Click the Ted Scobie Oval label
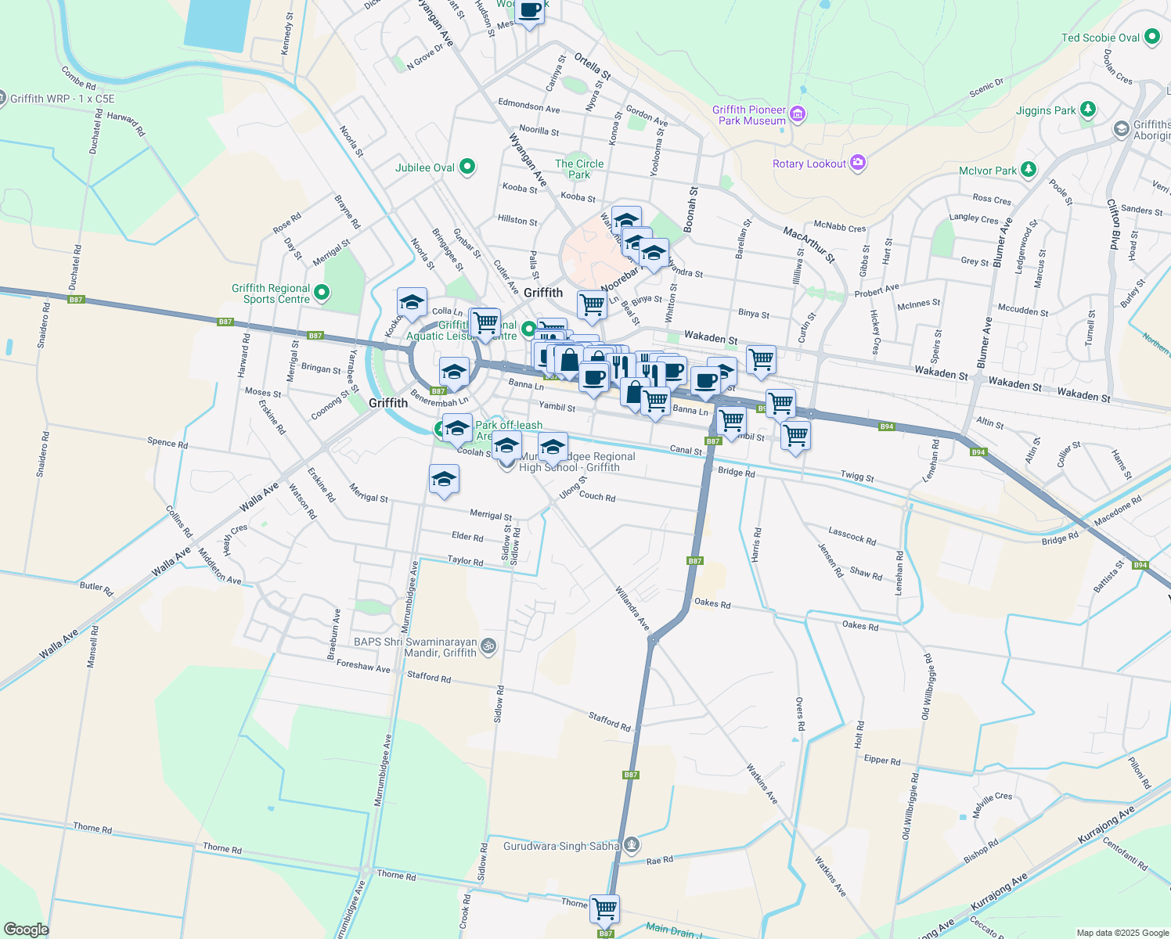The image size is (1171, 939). click(1100, 38)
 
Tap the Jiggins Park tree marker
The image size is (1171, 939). click(1087, 110)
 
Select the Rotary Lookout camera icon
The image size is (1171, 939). click(858, 163)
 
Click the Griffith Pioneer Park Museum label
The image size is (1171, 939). click(749, 115)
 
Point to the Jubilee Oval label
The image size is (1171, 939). click(424, 167)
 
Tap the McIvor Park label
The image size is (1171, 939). click(987, 171)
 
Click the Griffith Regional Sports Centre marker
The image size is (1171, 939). click(322, 293)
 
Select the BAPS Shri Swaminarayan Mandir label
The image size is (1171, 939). click(415, 647)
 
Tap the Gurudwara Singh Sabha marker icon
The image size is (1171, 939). click(632, 845)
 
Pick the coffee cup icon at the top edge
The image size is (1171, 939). click(530, 11)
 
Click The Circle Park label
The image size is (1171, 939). click(579, 169)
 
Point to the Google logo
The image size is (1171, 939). click(26, 930)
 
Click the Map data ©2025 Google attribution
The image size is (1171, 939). click(1122, 933)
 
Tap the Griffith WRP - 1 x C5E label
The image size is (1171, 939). click(63, 99)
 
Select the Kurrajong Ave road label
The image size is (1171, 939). click(1106, 825)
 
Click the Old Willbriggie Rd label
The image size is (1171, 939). click(927, 687)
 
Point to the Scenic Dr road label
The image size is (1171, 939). click(986, 88)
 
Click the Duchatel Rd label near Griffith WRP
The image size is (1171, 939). click(96, 131)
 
